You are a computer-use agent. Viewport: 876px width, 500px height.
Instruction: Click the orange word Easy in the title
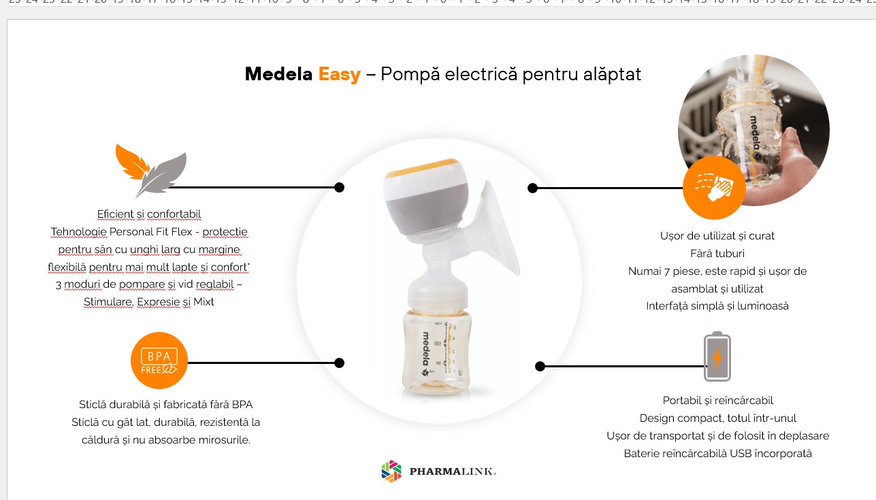tap(339, 74)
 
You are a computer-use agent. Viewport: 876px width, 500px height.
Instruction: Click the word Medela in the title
tap(278, 74)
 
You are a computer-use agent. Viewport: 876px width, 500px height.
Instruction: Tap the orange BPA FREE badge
tap(159, 361)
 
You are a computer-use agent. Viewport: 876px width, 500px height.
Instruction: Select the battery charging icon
tap(717, 356)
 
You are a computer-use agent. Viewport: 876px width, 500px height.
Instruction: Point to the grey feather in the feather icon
tap(162, 174)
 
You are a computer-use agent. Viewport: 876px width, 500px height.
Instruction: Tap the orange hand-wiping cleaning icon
tap(714, 188)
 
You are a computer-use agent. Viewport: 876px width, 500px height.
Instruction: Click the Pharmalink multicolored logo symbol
tap(391, 471)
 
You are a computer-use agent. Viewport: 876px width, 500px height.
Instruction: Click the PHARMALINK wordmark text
tap(453, 471)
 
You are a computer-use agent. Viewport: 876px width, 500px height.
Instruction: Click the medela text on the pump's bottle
tap(426, 348)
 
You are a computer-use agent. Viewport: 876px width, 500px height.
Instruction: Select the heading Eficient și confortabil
tap(149, 214)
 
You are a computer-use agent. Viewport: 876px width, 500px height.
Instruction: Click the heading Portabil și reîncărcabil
tap(717, 401)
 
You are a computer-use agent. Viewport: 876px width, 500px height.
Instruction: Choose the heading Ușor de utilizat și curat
tap(717, 236)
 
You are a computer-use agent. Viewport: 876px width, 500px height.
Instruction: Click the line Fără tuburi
tap(717, 253)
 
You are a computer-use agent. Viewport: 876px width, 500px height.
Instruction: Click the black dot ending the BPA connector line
tap(340, 363)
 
